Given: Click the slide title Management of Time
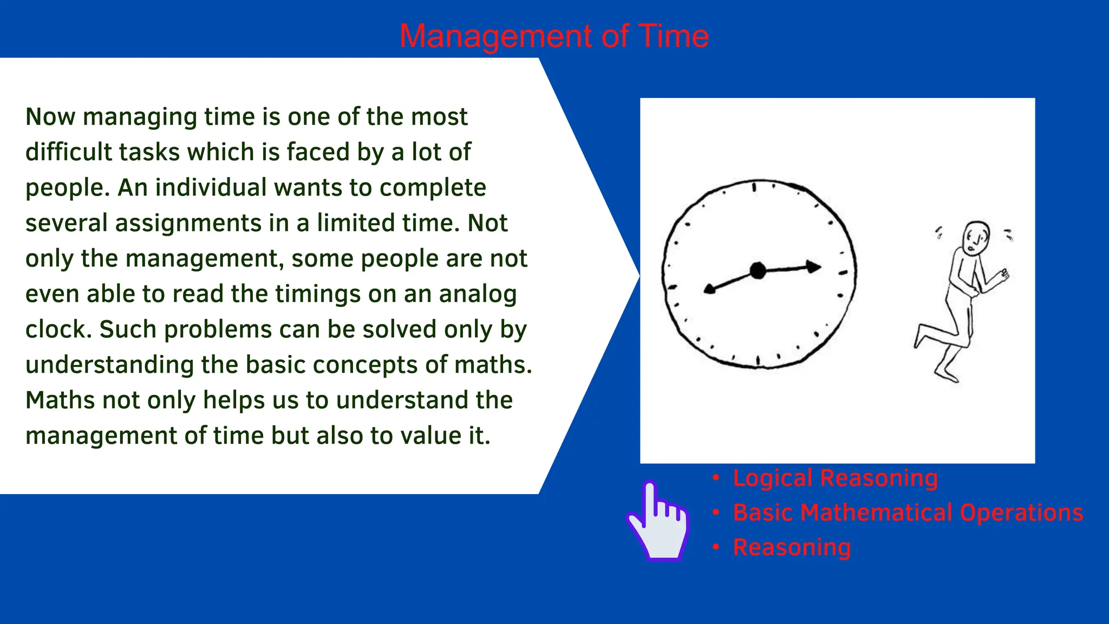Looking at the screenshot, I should (554, 36).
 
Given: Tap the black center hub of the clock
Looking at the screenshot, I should (758, 270).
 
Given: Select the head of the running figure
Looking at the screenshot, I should (976, 237).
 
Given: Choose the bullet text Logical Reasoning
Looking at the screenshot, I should (835, 478).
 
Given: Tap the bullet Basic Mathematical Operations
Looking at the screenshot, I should (908, 513).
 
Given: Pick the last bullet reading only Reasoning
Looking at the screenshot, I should (792, 548).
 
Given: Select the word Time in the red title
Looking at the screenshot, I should (674, 36).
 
